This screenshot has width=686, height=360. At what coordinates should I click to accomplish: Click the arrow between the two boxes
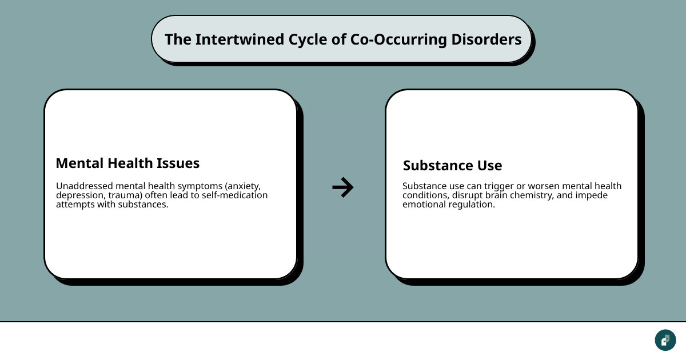click(343, 187)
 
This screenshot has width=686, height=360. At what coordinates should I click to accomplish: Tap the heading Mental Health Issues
click(127, 163)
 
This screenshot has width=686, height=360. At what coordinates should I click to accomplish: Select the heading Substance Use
click(452, 166)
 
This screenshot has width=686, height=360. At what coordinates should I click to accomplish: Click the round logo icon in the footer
click(665, 340)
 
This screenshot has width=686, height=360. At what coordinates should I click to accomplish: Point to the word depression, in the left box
click(81, 195)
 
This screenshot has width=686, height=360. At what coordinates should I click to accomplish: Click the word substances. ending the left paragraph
click(143, 204)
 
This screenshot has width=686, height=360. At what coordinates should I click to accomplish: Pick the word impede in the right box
click(592, 195)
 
